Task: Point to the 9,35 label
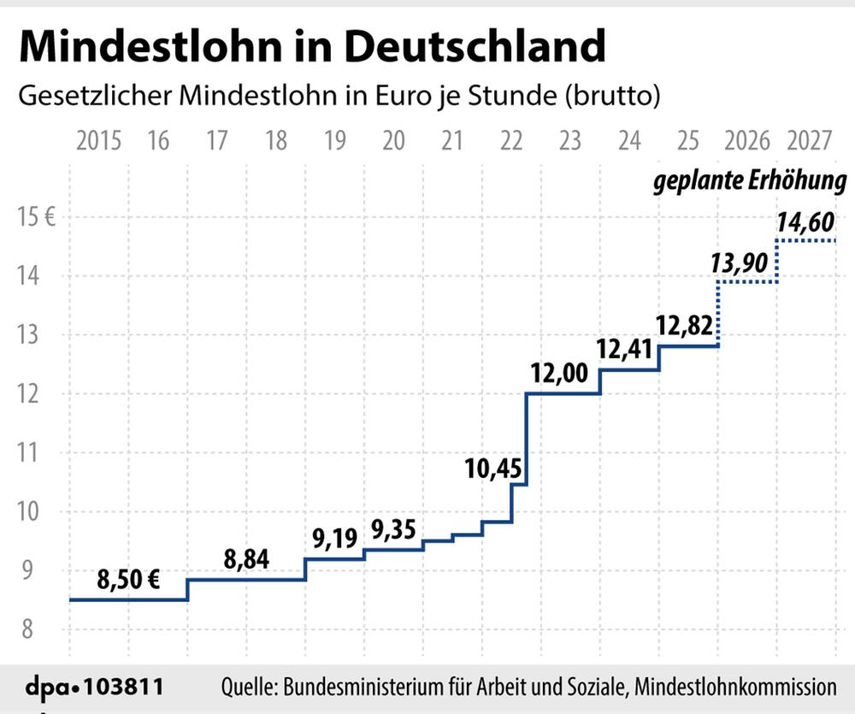coord(393,529)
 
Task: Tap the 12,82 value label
coord(685,326)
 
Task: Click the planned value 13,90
coord(740,263)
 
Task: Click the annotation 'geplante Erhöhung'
coord(751,182)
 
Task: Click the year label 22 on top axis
coord(511,139)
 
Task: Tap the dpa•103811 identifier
coord(92,686)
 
